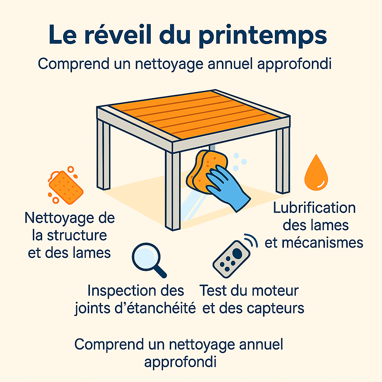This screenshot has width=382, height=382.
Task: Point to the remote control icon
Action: (231, 259)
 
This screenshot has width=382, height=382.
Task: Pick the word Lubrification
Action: (314, 208)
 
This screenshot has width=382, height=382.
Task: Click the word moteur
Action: (275, 291)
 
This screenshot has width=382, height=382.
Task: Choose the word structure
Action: (77, 236)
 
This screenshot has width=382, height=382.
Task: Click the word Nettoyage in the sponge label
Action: (59, 218)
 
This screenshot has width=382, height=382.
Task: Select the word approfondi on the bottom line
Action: (180, 362)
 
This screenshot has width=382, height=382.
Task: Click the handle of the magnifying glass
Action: (160, 272)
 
